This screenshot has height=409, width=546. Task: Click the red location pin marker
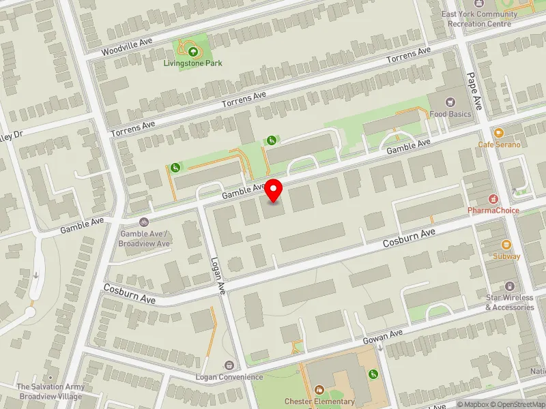[x=274, y=190]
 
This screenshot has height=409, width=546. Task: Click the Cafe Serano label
[x=499, y=145]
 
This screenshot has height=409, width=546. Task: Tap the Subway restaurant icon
[x=506, y=245]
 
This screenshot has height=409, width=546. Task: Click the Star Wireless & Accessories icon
[x=510, y=286]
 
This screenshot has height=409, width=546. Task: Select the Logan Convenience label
[x=229, y=377]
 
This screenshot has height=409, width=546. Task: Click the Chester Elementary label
[x=329, y=402]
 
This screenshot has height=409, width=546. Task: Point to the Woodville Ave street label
[x=127, y=47]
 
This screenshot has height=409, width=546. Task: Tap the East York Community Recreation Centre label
[x=478, y=18]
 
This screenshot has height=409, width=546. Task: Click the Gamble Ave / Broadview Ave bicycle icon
[x=144, y=222]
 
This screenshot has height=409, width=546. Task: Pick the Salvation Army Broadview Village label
[x=51, y=391]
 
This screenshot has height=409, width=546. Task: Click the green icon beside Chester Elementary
[x=373, y=374]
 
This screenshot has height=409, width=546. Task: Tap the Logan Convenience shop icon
[x=229, y=366]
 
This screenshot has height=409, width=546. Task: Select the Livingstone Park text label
[x=193, y=63]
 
